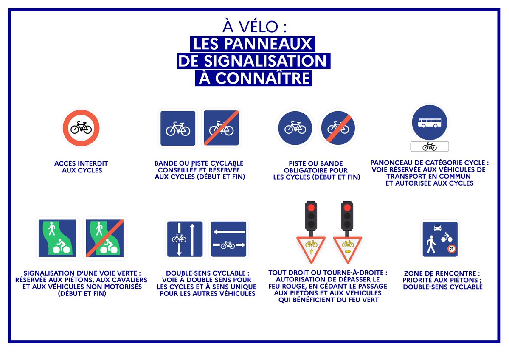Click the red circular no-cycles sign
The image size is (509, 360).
(81, 127)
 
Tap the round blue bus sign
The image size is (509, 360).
(429, 123)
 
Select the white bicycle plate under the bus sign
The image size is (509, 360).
(429, 146)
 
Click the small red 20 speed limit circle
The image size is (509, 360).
(451, 249)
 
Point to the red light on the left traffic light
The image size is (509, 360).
(311, 208)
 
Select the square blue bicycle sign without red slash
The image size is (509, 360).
(178, 128)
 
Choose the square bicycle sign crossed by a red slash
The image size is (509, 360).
(221, 128)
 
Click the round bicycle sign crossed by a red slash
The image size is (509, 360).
(338, 127)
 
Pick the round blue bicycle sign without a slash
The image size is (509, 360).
(295, 127)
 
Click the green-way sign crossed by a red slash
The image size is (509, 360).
(104, 238)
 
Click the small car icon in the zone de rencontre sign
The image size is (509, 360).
(437, 228)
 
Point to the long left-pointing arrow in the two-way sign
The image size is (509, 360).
(229, 232)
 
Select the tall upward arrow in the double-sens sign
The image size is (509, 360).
(192, 239)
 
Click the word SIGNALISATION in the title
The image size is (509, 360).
(253, 60)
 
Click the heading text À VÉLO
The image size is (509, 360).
(254, 27)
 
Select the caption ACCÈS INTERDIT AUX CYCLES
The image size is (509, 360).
(81, 167)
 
